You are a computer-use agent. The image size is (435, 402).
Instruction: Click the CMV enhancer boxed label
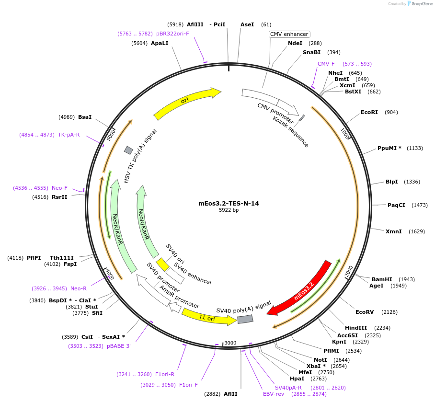point(289,34)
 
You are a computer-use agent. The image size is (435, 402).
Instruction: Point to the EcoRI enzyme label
point(369,112)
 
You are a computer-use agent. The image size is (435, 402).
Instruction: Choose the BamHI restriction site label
point(382,279)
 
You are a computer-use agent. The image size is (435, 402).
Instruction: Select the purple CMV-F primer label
point(326,64)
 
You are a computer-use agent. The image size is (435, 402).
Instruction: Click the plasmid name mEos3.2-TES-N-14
point(229,203)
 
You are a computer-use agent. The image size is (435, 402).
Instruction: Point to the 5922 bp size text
point(229,210)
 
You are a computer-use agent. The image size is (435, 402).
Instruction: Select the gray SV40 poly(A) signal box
point(245,319)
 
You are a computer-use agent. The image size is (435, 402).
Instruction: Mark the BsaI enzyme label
point(85,117)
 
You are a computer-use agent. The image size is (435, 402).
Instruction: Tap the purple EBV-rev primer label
point(274,394)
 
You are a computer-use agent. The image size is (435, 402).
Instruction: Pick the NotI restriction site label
point(321,360)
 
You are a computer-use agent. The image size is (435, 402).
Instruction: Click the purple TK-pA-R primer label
point(69,135)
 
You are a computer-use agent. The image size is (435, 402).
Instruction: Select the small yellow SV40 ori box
point(163,264)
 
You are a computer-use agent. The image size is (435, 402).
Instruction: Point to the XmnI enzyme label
point(394,231)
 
